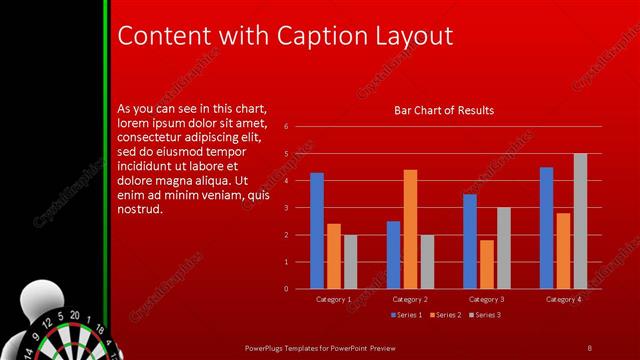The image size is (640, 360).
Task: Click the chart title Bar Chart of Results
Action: (444, 110)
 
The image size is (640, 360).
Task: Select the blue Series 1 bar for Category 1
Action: (317, 230)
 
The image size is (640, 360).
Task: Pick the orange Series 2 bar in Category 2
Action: (410, 229)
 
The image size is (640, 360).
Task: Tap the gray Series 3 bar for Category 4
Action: (580, 221)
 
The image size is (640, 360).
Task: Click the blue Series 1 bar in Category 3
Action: (470, 241)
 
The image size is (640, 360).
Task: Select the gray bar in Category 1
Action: (350, 262)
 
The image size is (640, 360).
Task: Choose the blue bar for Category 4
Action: (546, 227)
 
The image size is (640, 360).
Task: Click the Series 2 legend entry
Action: (445, 315)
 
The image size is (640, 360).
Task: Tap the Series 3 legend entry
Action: (485, 315)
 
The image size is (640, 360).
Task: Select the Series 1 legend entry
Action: (404, 315)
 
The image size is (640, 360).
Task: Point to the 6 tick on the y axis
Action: (286, 127)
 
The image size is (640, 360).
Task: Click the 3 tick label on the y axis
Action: (286, 208)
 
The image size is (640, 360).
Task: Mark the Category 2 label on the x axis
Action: (410, 299)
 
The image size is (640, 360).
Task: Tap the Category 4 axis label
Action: (564, 299)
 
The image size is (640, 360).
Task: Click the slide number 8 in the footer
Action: (589, 346)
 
